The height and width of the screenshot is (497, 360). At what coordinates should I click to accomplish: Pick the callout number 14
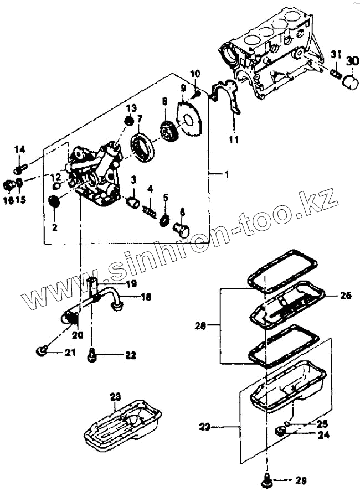(x=19, y=149)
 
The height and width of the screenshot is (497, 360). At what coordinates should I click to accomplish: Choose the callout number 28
(x=200, y=327)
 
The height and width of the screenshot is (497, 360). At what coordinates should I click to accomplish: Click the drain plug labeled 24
(x=281, y=432)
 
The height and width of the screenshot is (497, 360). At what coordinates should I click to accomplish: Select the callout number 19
(x=131, y=284)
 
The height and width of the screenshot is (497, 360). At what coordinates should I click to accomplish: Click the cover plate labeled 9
(x=188, y=122)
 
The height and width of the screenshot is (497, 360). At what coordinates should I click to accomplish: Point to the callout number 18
(x=146, y=298)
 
